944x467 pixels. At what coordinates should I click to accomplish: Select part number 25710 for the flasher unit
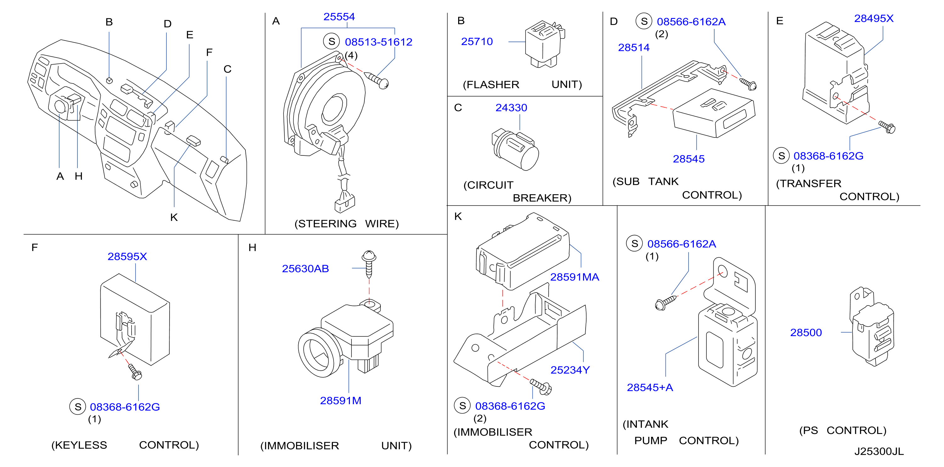(477, 42)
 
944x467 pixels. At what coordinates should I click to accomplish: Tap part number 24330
(511, 107)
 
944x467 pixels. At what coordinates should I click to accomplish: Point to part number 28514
(634, 47)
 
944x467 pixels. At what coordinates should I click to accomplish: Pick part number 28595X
(127, 256)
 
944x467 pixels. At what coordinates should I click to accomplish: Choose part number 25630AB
(305, 269)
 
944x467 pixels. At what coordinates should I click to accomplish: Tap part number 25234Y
(570, 370)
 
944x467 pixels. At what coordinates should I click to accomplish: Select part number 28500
(806, 333)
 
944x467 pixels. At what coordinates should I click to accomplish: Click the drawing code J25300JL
(879, 451)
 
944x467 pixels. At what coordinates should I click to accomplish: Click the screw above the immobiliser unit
(369, 264)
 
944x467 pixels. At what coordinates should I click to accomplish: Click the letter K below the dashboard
(174, 217)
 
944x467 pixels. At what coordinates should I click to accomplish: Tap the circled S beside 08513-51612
(332, 42)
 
